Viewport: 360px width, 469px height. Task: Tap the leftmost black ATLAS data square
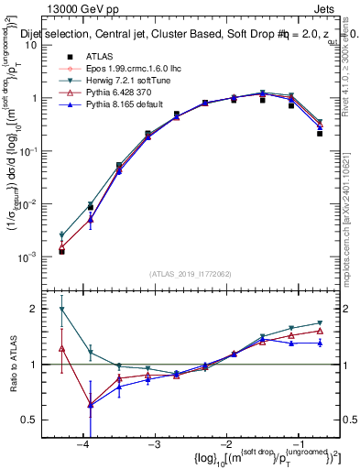[x=61, y=251]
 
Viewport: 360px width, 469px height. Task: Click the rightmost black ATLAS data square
[x=320, y=133]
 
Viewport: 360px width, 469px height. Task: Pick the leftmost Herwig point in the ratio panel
[x=61, y=310]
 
